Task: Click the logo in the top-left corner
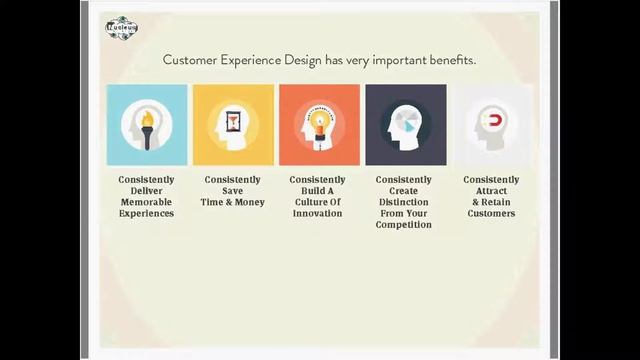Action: point(121,28)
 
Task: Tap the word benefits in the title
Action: point(448,60)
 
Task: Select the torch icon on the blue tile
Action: point(147,126)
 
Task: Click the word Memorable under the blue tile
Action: point(146,202)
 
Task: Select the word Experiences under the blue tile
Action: point(146,213)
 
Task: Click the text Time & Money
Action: point(233,202)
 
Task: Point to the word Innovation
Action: point(318,213)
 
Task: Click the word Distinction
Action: point(404,202)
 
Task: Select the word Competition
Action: point(404,225)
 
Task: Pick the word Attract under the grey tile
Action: point(491,191)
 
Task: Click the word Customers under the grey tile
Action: point(491,213)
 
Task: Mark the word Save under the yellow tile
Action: point(233,191)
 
